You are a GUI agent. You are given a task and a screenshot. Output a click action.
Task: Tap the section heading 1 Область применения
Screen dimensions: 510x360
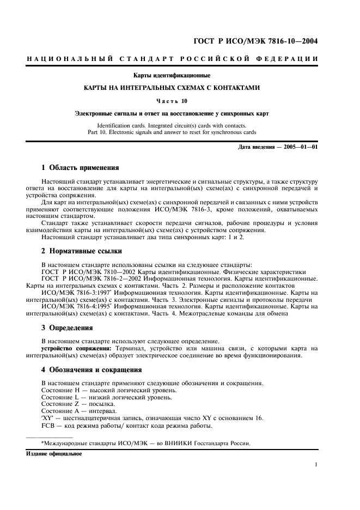pos(80,167)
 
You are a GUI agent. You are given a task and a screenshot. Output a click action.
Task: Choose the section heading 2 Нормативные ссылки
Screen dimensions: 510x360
pos(82,252)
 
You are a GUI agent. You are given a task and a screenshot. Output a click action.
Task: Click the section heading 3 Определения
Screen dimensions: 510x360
pos(67,328)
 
